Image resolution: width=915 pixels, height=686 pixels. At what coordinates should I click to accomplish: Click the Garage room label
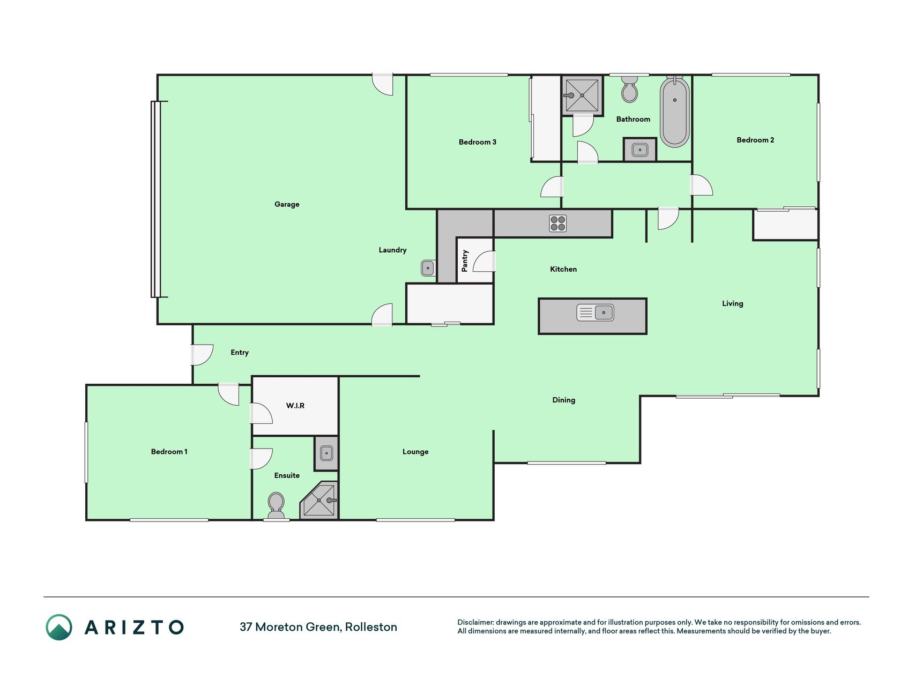(x=287, y=204)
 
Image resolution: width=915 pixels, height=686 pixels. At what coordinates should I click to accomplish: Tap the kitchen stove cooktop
(x=558, y=223)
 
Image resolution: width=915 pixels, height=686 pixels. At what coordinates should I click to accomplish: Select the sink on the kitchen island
(x=595, y=312)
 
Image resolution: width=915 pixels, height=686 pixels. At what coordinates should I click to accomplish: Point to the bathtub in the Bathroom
(x=674, y=112)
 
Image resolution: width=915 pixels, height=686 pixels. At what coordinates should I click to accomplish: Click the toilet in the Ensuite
(x=276, y=505)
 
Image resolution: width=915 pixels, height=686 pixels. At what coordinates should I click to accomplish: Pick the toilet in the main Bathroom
(x=630, y=89)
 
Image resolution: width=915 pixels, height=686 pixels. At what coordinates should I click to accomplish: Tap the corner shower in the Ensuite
(x=319, y=501)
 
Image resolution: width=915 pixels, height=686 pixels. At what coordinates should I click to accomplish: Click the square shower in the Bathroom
(x=582, y=95)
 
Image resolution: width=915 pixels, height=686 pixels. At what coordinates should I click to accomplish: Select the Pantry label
(x=465, y=260)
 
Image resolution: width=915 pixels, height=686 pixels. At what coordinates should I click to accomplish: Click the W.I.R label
(x=295, y=406)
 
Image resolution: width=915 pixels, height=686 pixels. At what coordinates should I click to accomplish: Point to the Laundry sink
(x=428, y=267)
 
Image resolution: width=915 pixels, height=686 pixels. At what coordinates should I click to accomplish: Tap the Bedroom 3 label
(x=478, y=142)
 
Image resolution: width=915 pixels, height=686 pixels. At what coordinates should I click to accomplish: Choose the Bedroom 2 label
(x=755, y=140)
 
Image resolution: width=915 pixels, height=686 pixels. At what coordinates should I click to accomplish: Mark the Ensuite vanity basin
(x=326, y=453)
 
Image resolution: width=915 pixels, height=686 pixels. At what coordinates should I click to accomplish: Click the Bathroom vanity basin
(x=640, y=150)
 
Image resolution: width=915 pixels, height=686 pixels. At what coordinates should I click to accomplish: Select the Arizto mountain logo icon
(x=59, y=627)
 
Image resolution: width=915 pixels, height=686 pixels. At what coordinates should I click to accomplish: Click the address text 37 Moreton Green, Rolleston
(x=318, y=627)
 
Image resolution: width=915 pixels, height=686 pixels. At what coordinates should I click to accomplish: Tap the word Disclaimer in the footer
(x=475, y=622)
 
